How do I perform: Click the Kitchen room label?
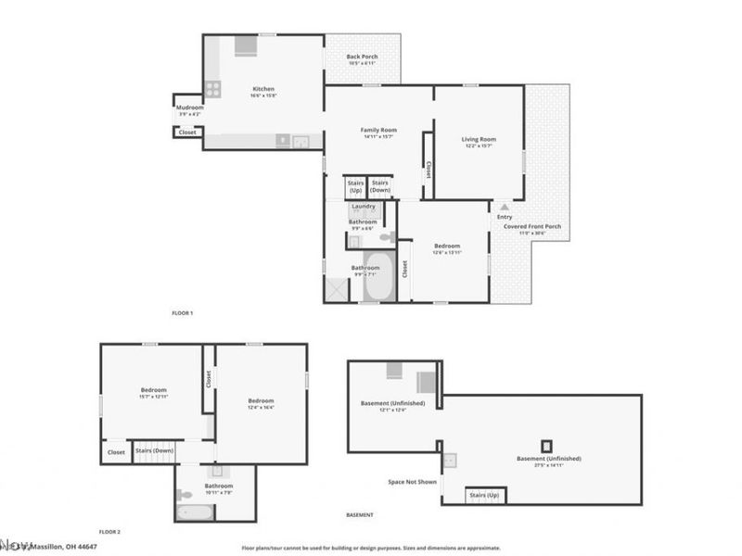tap(263, 90)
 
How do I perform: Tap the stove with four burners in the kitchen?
tap(212, 90)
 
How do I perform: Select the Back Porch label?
tap(361, 57)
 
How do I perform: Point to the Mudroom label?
tap(189, 107)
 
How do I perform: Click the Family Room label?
tap(377, 130)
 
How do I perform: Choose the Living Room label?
tap(479, 139)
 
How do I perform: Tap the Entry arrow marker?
tap(504, 208)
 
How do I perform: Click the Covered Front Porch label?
tap(531, 226)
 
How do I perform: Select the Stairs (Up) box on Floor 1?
tap(355, 186)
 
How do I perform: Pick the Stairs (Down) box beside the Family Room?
tap(380, 186)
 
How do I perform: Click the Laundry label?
tap(363, 206)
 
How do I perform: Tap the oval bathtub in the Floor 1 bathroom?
tap(377, 277)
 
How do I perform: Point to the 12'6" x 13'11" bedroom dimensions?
tap(447, 253)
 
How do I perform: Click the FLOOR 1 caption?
tap(183, 313)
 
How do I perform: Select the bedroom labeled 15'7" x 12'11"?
tap(153, 393)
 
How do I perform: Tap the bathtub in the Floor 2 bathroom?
tap(195, 512)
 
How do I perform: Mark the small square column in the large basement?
tap(547, 445)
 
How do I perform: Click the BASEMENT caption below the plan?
tap(359, 514)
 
